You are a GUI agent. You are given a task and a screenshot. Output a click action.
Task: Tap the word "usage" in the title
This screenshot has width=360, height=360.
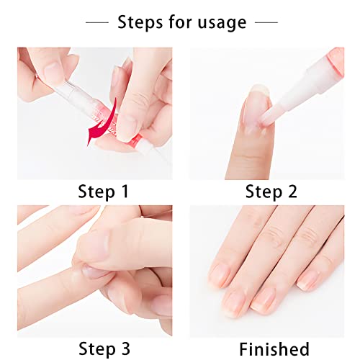[x=222, y=24]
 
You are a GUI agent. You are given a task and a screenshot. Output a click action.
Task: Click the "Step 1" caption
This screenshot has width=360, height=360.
[x=104, y=192]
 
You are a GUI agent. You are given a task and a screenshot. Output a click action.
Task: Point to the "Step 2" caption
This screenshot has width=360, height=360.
[x=271, y=192]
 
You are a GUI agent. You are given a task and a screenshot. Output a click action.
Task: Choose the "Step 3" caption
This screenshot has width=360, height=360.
[x=104, y=349]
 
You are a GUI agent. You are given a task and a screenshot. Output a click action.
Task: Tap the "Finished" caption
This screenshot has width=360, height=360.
[x=274, y=349]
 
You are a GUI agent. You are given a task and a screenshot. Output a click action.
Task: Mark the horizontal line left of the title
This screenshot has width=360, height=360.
[x=97, y=22]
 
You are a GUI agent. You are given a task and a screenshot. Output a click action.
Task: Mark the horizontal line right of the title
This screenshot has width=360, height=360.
[x=266, y=22]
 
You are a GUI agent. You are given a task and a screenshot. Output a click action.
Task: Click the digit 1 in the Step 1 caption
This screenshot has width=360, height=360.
[x=125, y=192]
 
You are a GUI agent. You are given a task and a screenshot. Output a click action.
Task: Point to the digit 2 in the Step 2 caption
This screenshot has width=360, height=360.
[x=292, y=192]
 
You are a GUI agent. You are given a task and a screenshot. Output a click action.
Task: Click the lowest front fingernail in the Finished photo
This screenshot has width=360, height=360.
[x=234, y=304]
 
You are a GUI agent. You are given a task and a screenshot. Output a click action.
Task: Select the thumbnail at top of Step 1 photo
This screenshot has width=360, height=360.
[x=53, y=70]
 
